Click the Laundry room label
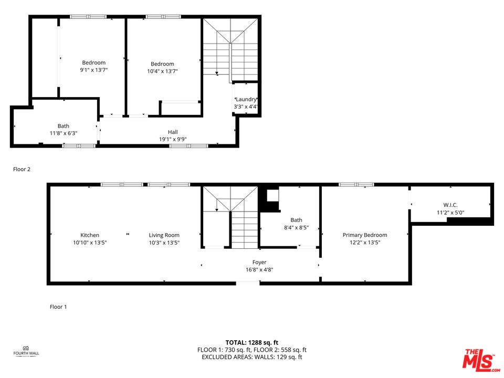point(246,99)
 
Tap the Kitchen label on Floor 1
point(90,235)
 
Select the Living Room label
point(164,235)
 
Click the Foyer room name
point(259,262)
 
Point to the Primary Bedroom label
point(365,235)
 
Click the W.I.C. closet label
point(450,205)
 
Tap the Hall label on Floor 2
point(173,132)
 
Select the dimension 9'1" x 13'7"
point(93,70)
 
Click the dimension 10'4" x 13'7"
point(162,71)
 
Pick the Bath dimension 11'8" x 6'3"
point(64,133)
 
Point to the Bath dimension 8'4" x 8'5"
point(296,228)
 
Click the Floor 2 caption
point(22,169)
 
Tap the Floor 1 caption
point(58,307)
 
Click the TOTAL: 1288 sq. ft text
point(252,342)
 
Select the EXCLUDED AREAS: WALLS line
point(252,357)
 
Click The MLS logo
point(478,360)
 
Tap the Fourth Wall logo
point(26,350)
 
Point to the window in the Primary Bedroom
point(356,185)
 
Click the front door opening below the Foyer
point(248,283)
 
